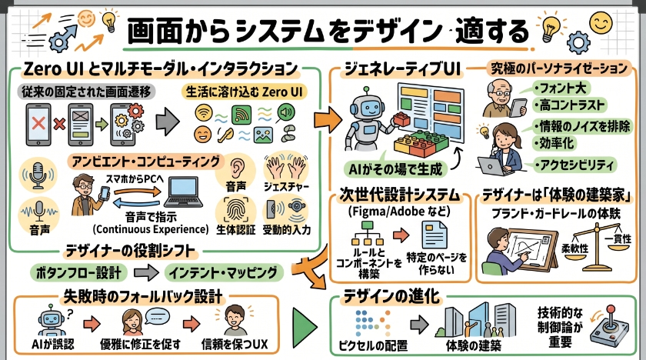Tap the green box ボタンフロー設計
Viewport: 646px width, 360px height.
[76, 272]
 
